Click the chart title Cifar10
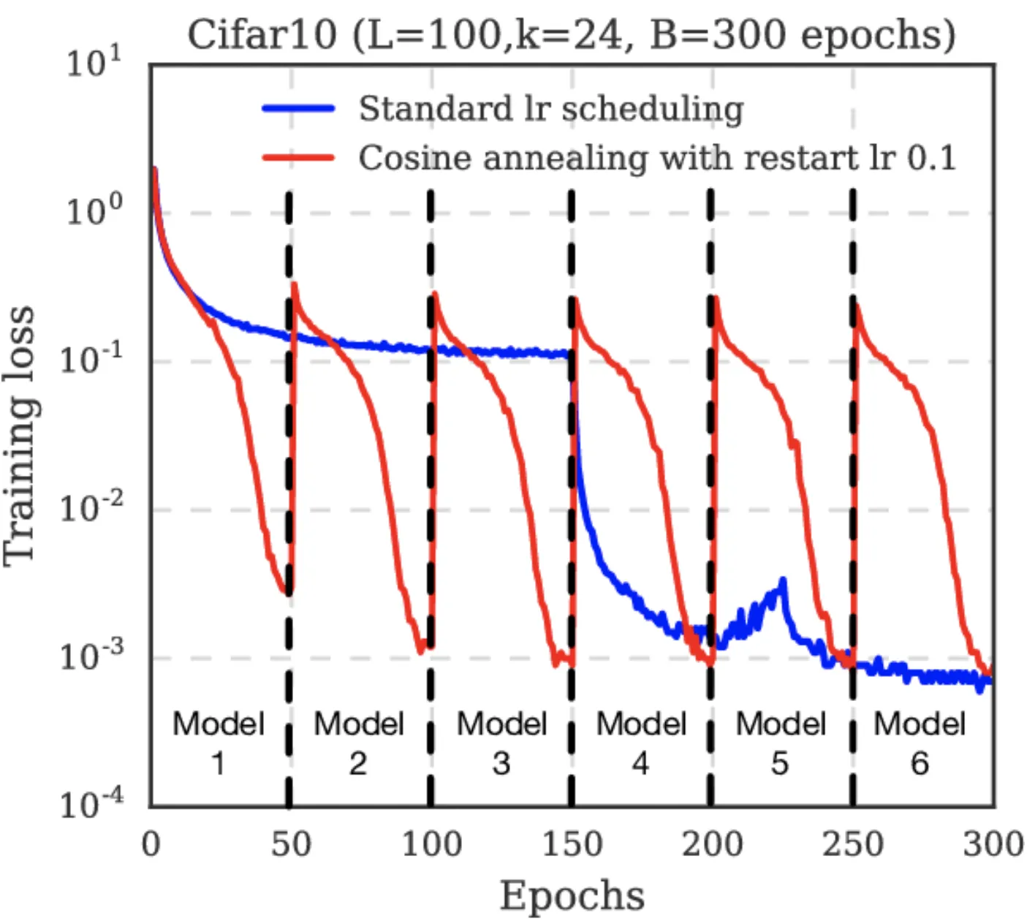click(571, 34)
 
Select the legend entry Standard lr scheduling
click(551, 109)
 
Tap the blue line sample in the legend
click(298, 109)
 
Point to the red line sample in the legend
click(298, 158)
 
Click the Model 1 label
click(218, 743)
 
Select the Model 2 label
click(358, 743)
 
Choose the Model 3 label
click(501, 743)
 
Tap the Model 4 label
click(641, 743)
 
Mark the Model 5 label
click(780, 743)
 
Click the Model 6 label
click(920, 743)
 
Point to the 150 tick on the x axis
click(572, 844)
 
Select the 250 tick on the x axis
click(852, 844)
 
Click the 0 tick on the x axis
click(151, 844)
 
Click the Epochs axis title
click(572, 895)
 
